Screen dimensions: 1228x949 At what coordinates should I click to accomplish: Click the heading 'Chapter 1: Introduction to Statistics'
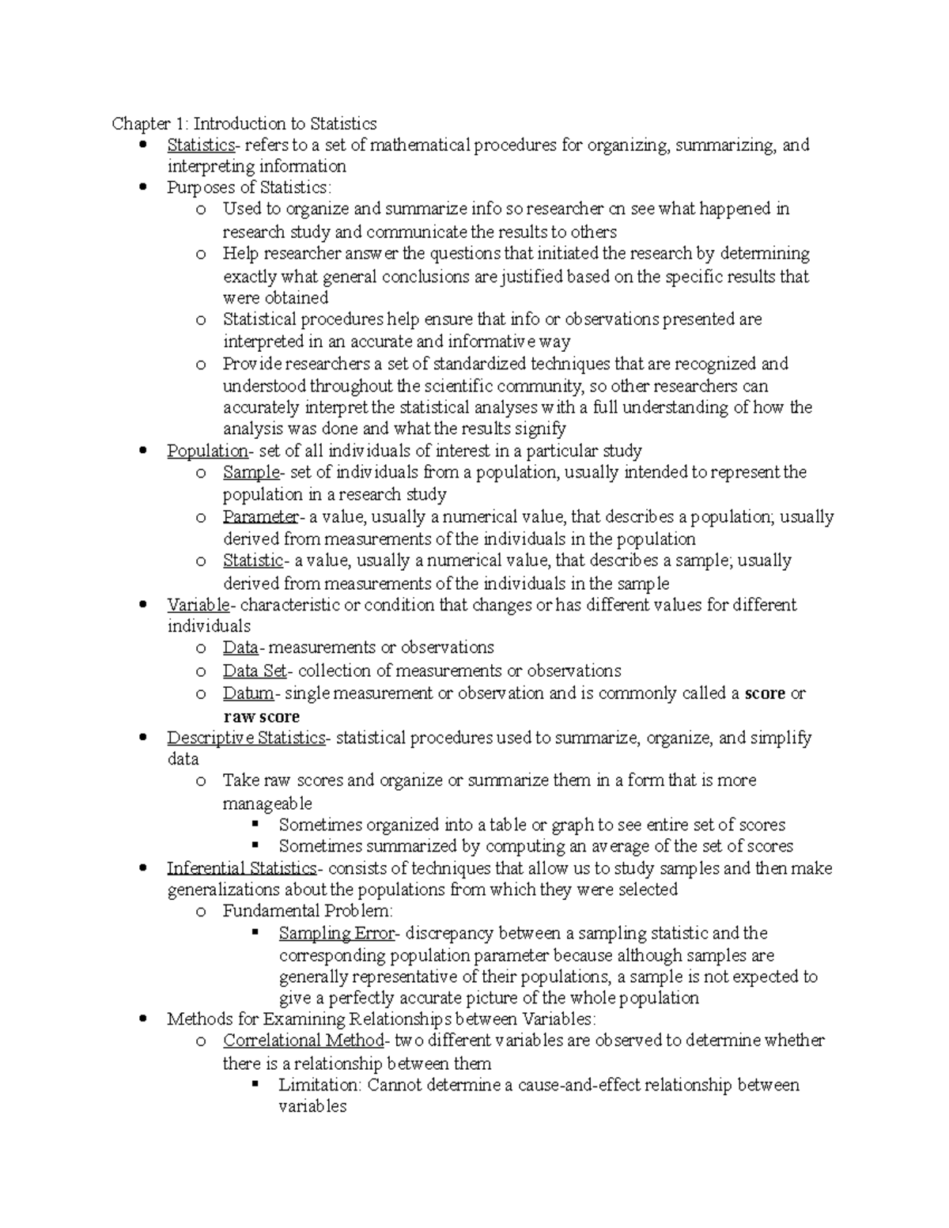[x=244, y=123]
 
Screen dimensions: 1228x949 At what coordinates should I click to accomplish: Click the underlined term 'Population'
[x=207, y=451]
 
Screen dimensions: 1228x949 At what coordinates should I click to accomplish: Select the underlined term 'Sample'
[x=251, y=472]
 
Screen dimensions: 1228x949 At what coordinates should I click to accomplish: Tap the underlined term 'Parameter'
[x=260, y=517]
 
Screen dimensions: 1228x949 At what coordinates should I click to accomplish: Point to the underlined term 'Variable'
[x=198, y=605]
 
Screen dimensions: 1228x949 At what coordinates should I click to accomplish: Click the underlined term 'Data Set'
[x=255, y=671]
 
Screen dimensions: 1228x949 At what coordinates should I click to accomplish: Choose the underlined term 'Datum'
[x=248, y=693]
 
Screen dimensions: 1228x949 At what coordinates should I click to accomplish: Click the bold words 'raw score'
[x=261, y=716]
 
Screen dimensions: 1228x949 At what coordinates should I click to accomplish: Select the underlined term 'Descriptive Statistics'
[x=246, y=738]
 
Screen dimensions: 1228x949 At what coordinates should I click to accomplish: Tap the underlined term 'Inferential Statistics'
[x=241, y=868]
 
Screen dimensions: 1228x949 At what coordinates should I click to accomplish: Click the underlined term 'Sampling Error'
[x=336, y=933]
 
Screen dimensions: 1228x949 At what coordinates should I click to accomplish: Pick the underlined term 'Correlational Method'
[x=303, y=1041]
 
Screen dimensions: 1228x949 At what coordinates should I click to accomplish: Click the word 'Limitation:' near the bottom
[x=319, y=1085]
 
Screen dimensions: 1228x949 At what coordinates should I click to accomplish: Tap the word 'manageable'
[x=267, y=803]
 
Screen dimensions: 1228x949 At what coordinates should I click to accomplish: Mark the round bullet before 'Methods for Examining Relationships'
[x=142, y=1018]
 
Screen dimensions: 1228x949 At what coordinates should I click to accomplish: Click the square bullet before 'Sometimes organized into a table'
[x=255, y=823]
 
